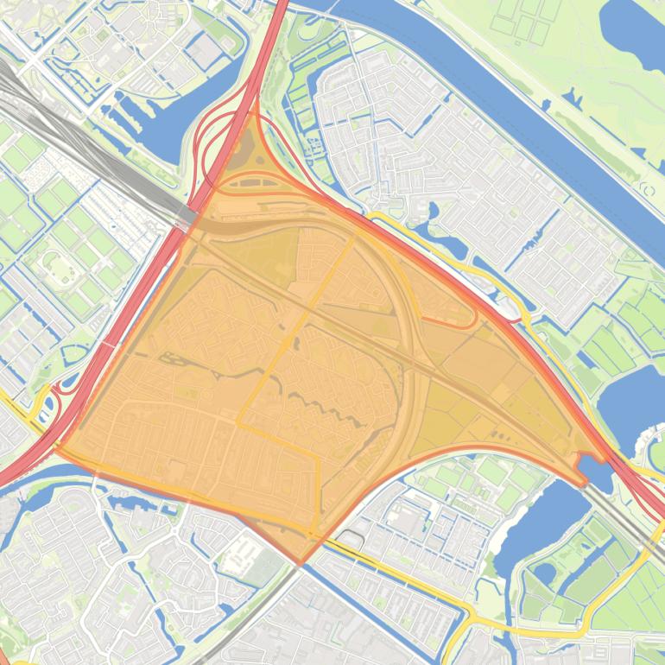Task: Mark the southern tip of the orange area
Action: [x=301, y=563]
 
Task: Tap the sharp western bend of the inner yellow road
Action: [x=239, y=422]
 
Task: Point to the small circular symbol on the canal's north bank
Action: [x=644, y=186]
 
